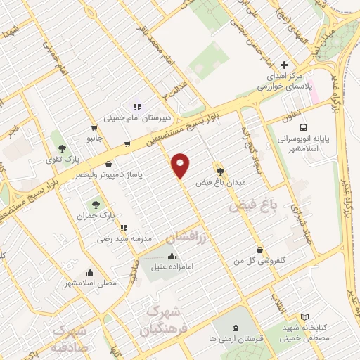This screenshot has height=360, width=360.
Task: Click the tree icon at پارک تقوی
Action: pos(63,148)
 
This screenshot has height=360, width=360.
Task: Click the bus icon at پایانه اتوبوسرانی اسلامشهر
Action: pos(303,128)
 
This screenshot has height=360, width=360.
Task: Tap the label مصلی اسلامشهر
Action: pos(91,283)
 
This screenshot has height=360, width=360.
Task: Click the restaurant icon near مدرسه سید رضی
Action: pos(124,228)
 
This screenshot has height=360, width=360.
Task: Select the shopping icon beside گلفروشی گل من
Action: pos(260,250)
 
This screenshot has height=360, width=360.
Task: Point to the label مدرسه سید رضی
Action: pos(124,239)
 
